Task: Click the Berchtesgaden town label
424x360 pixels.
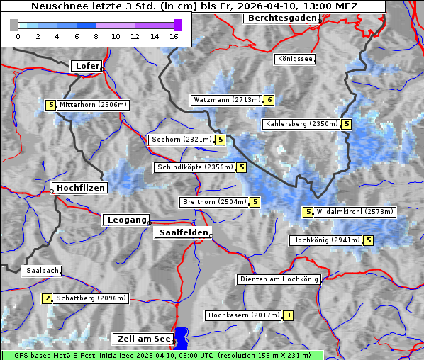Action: pos(281,18)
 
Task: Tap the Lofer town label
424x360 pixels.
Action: pos(87,66)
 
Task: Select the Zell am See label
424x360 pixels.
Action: pos(143,339)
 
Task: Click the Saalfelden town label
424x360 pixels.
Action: pos(182,232)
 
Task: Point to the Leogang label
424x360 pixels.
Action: pos(127,220)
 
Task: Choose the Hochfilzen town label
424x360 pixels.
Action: pos(80,188)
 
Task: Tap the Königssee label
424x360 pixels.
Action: pos(295,60)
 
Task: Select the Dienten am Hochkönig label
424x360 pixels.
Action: pos(279,279)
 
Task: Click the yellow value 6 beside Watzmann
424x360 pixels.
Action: pos(269,100)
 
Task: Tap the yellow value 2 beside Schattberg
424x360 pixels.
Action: pos(48,298)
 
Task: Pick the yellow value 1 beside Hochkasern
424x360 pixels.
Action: pos(288,315)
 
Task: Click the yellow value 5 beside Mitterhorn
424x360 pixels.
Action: pos(50,105)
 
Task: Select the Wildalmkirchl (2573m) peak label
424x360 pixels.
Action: pos(355,212)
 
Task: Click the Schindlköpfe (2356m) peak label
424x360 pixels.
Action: pos(194,167)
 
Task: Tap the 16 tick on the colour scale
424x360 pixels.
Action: pos(174,36)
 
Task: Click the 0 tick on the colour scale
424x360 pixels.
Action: pos(18,36)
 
